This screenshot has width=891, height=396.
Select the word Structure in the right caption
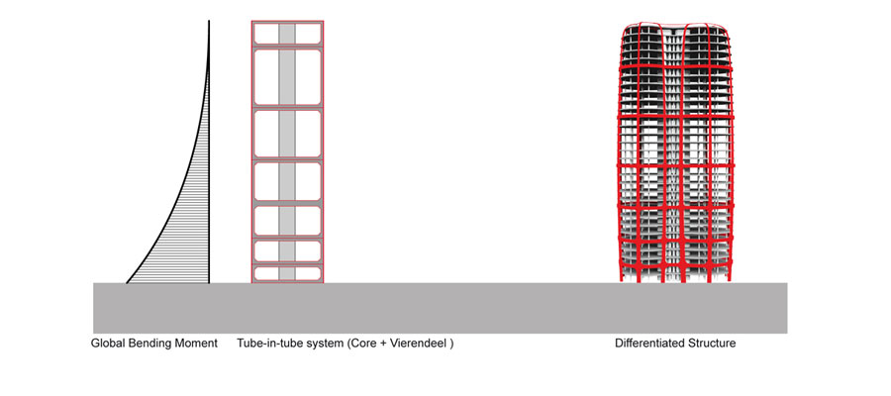coord(712,344)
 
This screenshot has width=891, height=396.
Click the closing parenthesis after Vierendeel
coord(451,345)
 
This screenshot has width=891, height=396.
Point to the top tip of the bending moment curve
coord(209,21)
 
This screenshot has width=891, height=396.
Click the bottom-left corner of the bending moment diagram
coord(126,283)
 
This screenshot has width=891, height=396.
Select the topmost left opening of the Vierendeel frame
coord(266,34)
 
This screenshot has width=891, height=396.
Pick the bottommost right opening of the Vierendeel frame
coord(308,273)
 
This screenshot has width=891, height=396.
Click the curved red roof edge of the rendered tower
coord(674,26)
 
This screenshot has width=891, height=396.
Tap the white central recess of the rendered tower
coord(676,153)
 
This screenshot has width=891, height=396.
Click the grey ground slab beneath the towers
coord(440,308)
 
